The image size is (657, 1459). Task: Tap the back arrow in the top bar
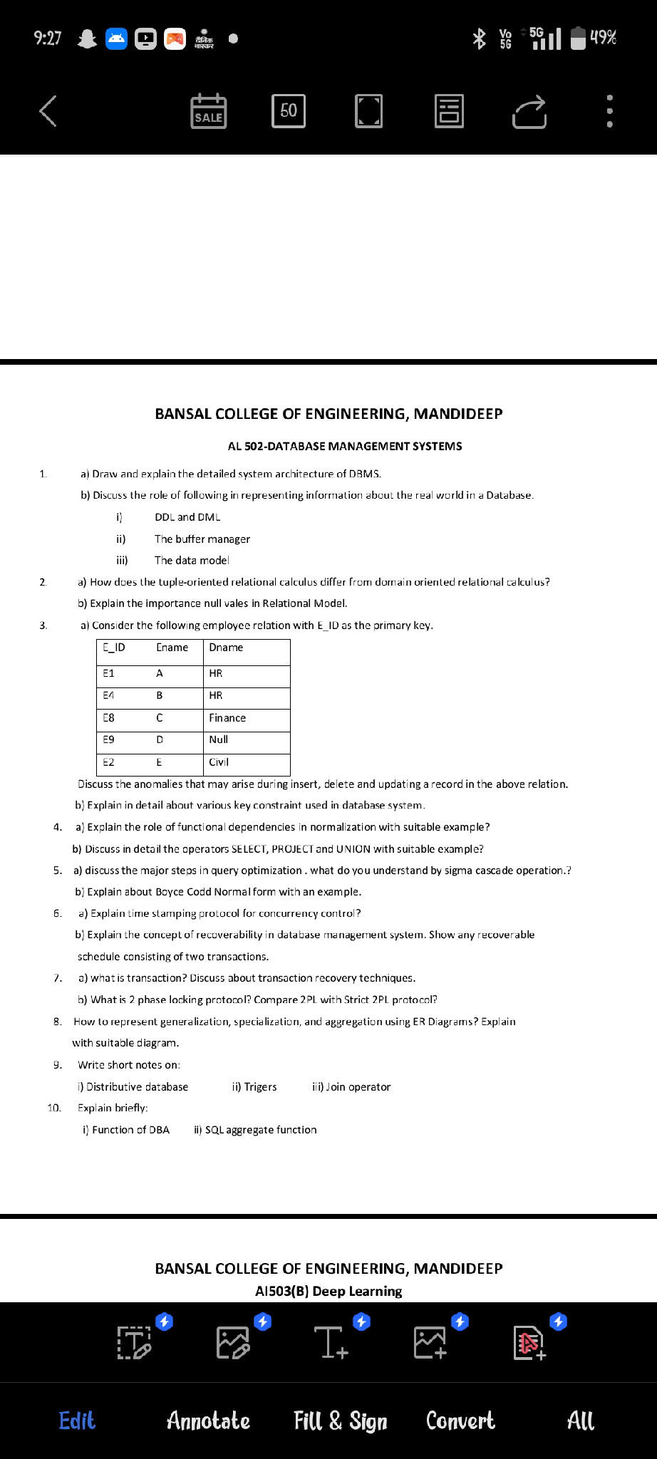[x=48, y=111]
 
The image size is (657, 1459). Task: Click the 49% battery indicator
[x=594, y=37]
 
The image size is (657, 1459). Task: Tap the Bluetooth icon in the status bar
[x=479, y=38]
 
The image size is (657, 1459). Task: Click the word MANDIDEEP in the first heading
[x=458, y=414]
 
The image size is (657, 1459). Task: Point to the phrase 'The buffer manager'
[x=202, y=539]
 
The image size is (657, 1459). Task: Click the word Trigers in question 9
[x=260, y=1087]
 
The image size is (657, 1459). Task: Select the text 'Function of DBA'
[x=130, y=1130]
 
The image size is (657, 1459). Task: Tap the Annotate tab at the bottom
[x=208, y=1421]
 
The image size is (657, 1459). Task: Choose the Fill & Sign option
[x=341, y=1421]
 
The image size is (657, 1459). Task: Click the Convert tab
[x=460, y=1421]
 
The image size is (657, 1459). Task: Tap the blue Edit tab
[x=77, y=1421]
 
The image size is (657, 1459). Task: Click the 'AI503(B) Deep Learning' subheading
[x=328, y=1291]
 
